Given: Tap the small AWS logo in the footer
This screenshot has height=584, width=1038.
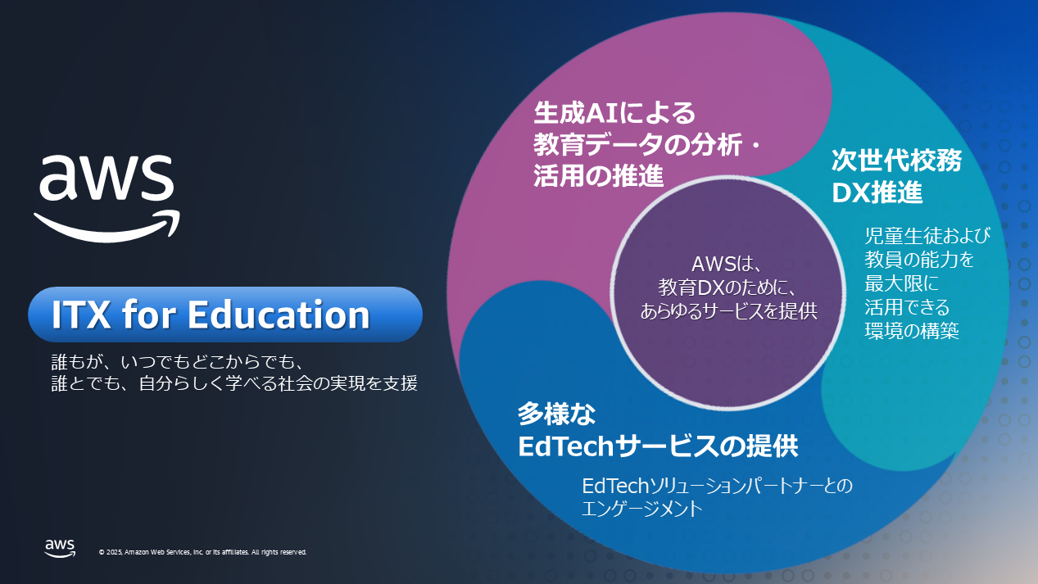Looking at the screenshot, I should coord(61,548).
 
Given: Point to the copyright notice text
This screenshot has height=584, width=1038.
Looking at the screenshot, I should coord(202,552).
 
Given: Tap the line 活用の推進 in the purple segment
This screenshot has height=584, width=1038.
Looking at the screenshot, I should coord(598,175).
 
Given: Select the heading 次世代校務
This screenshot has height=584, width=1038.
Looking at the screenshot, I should coord(896,159).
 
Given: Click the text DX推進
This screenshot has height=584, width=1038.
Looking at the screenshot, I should coord(877,192).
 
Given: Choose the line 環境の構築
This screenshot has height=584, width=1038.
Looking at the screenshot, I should coord(912,330).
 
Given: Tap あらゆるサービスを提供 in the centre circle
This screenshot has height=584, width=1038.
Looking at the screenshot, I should coord(728,312).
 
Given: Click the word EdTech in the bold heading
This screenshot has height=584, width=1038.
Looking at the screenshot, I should coord(566,446).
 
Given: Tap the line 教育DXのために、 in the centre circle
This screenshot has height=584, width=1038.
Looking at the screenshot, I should coord(728,288).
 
